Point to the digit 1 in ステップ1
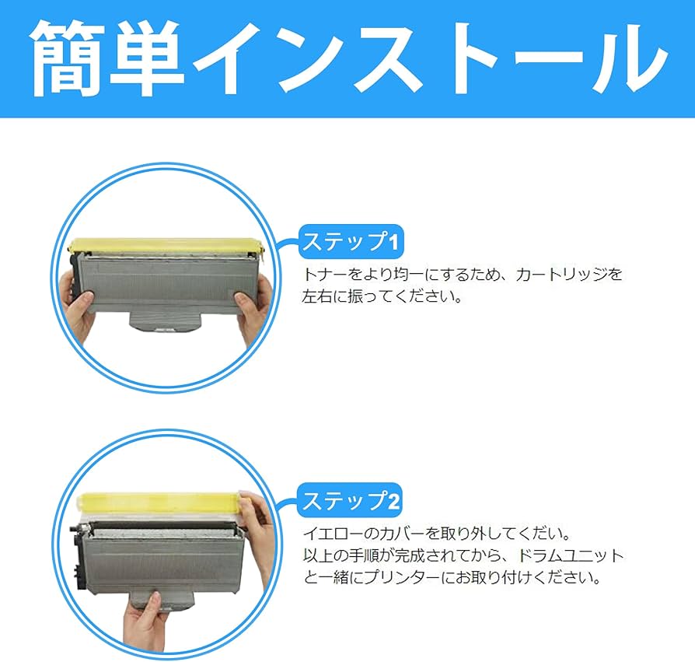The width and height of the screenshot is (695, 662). click(393, 243)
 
